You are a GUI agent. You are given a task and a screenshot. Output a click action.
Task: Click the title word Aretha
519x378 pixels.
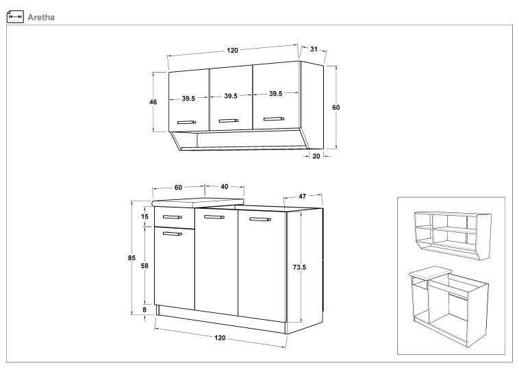[41, 17]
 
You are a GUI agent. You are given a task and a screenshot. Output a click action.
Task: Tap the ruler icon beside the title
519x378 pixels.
[15, 16]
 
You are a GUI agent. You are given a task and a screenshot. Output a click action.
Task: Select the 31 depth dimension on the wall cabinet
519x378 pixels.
[314, 49]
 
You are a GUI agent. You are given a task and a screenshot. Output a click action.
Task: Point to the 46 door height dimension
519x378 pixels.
[153, 102]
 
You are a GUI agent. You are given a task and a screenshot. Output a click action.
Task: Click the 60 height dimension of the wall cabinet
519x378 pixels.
[336, 108]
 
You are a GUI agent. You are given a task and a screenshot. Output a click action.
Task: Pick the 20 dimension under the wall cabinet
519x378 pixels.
[316, 156]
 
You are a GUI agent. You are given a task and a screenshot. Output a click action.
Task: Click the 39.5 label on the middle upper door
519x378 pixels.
[231, 96]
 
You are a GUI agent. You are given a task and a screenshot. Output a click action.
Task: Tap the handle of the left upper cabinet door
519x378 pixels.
[186, 122]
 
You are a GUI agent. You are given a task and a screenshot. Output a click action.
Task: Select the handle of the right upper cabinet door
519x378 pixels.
[274, 119]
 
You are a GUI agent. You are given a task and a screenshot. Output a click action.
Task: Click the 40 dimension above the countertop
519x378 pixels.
[225, 187]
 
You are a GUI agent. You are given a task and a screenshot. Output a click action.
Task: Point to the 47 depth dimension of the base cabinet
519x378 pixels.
[303, 197]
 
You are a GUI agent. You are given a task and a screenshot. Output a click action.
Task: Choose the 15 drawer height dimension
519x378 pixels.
[144, 216]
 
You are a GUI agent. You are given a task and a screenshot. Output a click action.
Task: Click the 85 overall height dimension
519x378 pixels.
[131, 258]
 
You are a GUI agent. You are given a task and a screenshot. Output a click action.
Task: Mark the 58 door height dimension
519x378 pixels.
[144, 266]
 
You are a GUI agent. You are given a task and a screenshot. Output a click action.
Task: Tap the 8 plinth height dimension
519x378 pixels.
[144, 310]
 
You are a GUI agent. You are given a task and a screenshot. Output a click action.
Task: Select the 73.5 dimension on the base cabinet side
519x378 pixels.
[299, 267]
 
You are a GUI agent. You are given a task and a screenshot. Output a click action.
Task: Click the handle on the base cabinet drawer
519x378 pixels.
[173, 217]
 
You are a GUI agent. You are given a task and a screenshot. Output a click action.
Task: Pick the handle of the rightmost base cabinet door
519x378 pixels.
[260, 219]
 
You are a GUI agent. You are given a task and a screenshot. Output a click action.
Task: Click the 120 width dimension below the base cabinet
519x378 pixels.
[220, 338]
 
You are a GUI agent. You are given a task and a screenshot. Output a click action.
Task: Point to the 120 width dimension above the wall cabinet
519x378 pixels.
[232, 50]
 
